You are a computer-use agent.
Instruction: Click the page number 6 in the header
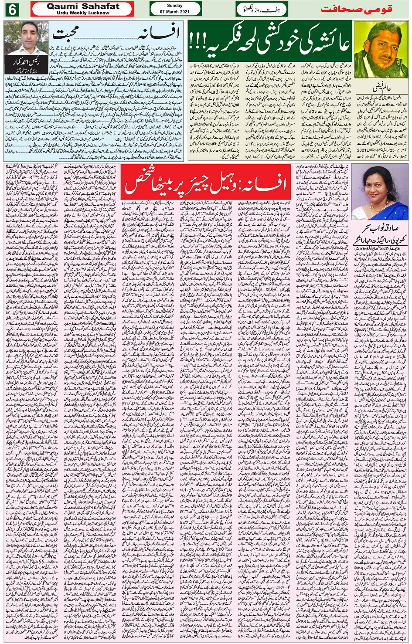coord(12,9)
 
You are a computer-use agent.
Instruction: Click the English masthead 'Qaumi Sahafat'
coord(83,6)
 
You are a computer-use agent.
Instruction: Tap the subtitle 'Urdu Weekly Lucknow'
coord(83,13)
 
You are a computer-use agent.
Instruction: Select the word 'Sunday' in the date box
coord(175,6)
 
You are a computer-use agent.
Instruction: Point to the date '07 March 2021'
coord(175,12)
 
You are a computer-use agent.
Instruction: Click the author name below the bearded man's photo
coord(381,90)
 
